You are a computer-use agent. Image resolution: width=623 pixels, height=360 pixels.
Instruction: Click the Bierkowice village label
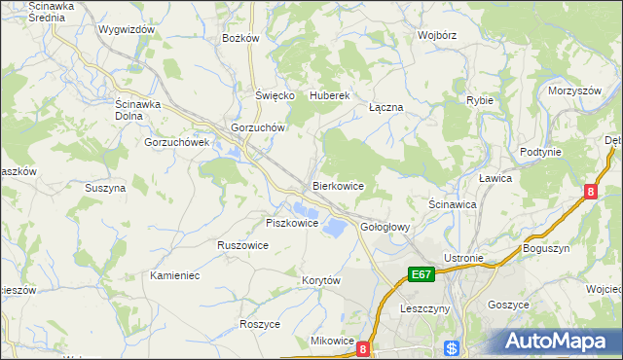click(x=338, y=185)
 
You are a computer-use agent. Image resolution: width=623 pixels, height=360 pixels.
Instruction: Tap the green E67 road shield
click(x=421, y=275)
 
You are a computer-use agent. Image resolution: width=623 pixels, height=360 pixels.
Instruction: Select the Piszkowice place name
click(x=292, y=223)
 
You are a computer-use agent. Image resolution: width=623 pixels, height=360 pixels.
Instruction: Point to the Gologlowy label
click(x=385, y=227)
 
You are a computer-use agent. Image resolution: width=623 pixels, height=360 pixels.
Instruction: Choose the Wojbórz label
click(x=437, y=35)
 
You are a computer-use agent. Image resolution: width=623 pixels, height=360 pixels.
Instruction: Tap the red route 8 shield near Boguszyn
click(x=590, y=193)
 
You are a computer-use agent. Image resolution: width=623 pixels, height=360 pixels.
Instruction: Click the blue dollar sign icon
click(x=451, y=348)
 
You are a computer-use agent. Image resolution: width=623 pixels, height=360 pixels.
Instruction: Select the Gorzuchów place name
click(x=256, y=127)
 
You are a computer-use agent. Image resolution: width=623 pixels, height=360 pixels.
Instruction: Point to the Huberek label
click(x=328, y=95)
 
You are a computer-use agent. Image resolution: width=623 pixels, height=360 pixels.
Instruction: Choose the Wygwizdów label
click(x=128, y=29)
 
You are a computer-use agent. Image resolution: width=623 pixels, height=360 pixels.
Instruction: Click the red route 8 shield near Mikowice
click(x=363, y=347)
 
